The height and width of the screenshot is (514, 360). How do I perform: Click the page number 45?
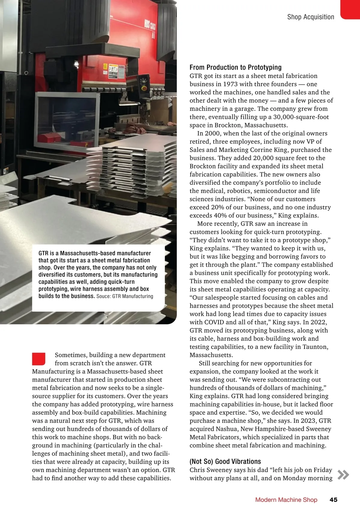333,500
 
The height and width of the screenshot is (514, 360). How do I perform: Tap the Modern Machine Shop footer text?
286,500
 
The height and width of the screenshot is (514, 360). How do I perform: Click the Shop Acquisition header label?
310,17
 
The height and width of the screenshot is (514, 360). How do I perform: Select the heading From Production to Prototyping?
235,67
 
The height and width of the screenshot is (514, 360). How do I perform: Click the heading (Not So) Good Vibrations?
225,461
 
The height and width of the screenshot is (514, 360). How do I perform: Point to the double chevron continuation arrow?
343,475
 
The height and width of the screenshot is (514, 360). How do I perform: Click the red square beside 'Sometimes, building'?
39,359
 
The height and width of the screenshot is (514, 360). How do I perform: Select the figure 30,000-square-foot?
301,117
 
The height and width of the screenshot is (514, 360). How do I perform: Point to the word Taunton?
314,347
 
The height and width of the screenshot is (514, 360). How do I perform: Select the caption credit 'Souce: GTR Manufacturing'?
125,296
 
